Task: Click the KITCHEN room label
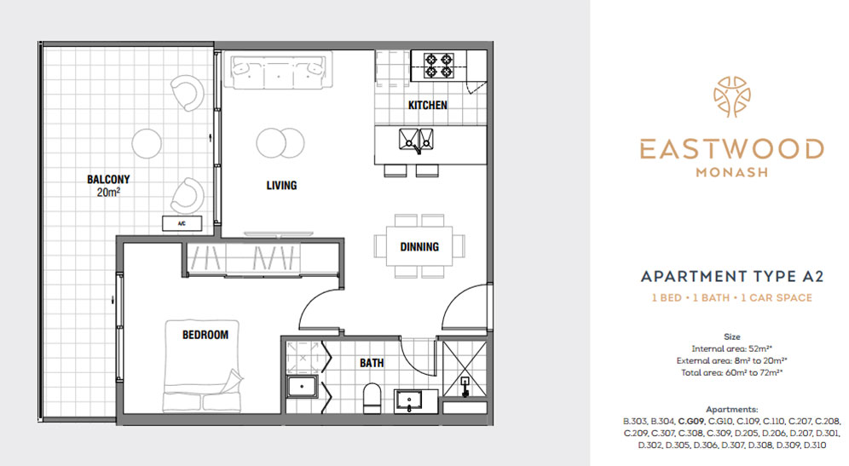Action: (x=428, y=105)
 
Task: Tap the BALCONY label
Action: (x=108, y=179)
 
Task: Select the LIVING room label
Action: (x=281, y=186)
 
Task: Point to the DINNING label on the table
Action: (x=419, y=247)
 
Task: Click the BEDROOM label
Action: (x=205, y=335)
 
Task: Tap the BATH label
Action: (x=372, y=363)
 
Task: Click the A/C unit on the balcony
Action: (x=182, y=223)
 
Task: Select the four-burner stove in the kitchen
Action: (x=439, y=66)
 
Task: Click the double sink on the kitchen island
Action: (x=416, y=140)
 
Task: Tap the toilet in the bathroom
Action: (x=372, y=399)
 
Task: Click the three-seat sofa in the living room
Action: (x=278, y=71)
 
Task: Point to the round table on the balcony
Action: (x=147, y=143)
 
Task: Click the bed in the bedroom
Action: (x=202, y=365)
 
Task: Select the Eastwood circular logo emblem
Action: (x=732, y=97)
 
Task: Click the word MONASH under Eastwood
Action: (x=732, y=173)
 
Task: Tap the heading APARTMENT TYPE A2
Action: (x=732, y=277)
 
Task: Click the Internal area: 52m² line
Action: (x=732, y=349)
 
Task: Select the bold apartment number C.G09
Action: (x=691, y=421)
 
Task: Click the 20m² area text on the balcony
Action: (x=108, y=193)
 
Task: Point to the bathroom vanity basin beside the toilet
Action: (x=410, y=401)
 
